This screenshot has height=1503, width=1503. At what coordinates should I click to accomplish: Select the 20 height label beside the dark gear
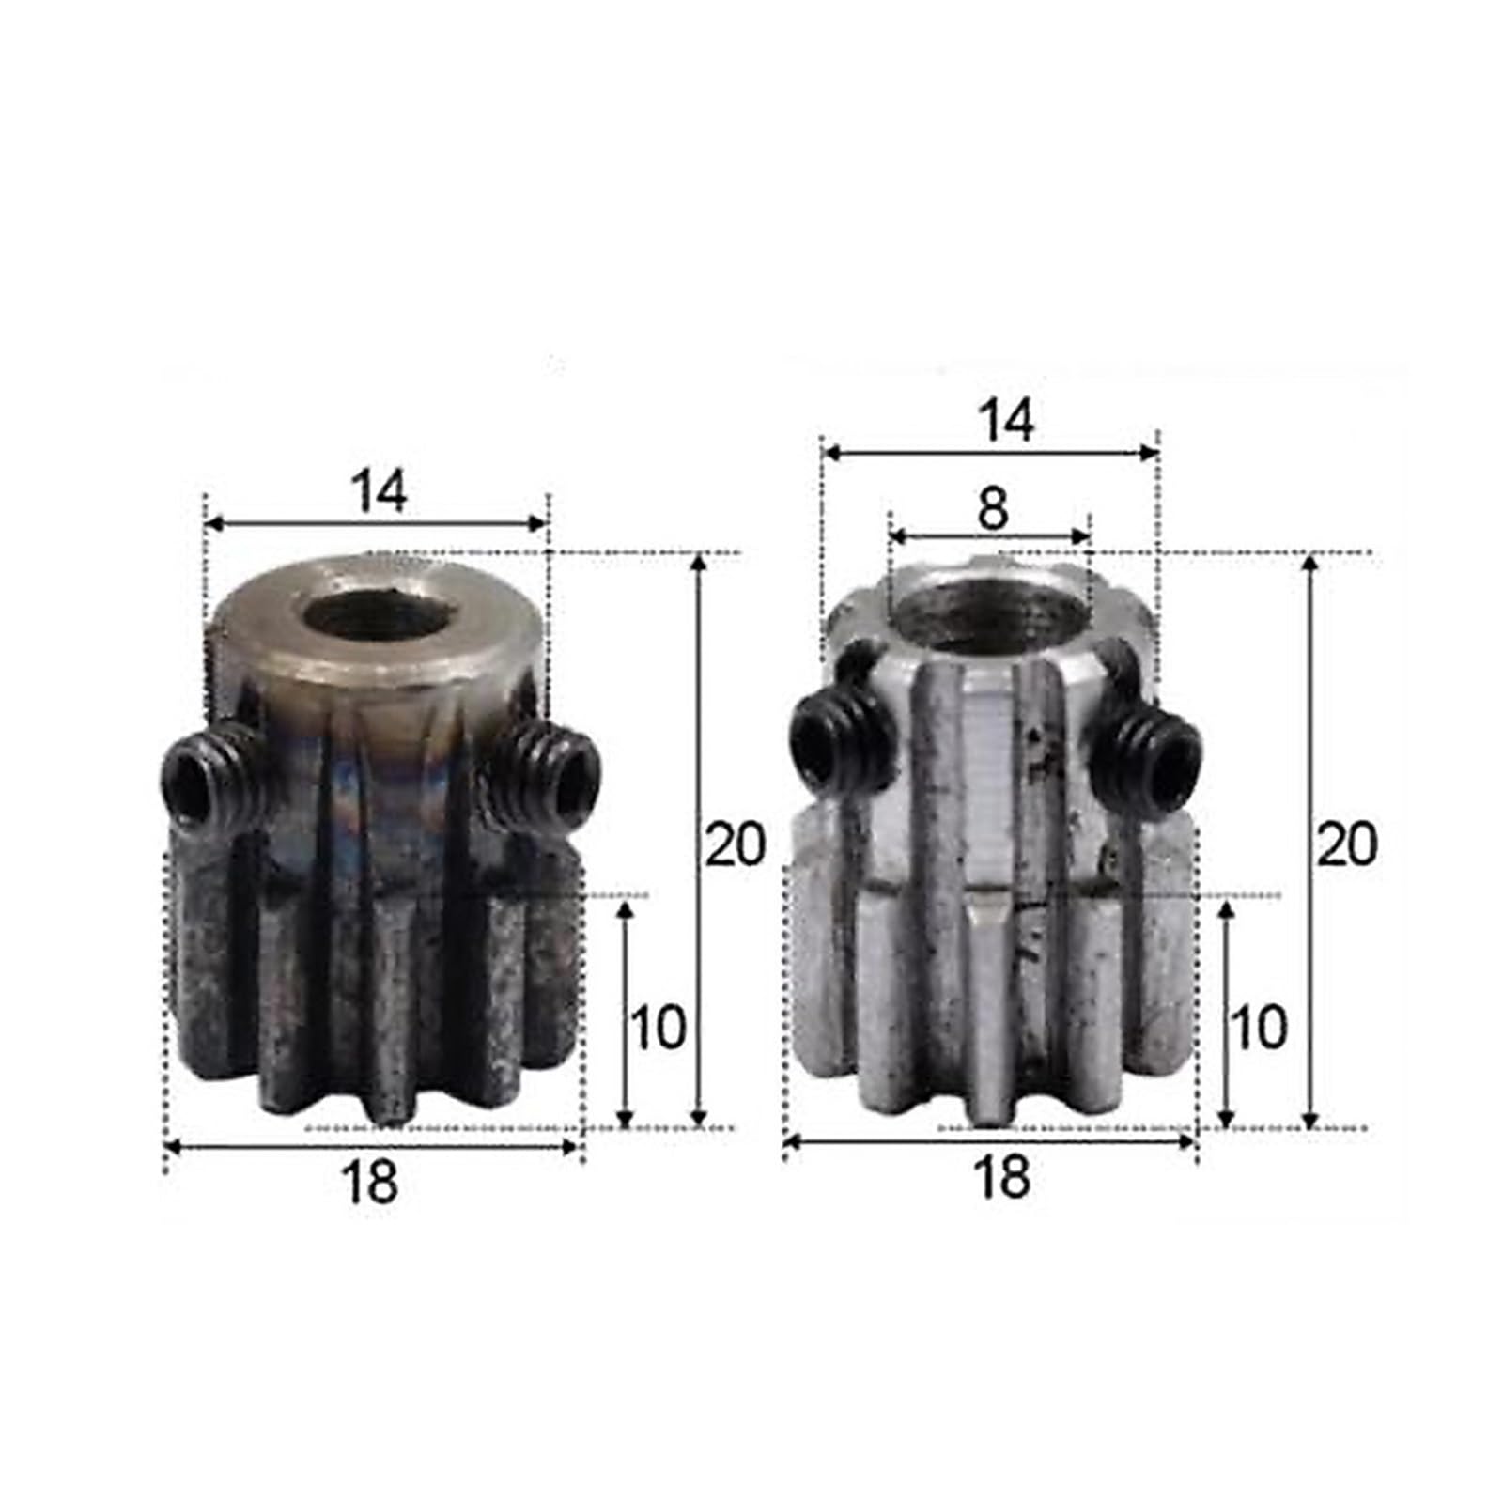(736, 844)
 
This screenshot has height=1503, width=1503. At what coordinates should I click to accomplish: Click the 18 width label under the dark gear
(370, 1182)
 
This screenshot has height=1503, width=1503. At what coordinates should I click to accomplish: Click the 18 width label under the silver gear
(1001, 1176)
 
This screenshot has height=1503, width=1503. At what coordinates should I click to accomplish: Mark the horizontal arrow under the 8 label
(989, 536)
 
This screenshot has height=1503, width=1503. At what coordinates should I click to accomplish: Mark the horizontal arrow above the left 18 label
(371, 1146)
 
